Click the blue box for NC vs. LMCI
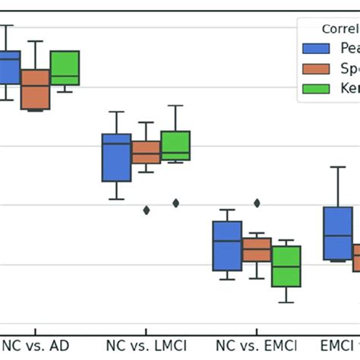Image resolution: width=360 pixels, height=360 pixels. point(116,157)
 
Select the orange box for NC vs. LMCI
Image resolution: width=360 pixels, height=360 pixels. point(146,152)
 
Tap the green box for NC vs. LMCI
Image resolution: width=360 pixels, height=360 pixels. point(175,146)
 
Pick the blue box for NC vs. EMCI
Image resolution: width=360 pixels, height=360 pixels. point(227,246)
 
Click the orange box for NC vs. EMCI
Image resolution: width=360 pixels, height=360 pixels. point(257,250)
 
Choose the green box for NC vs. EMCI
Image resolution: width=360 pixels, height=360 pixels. point(286,266)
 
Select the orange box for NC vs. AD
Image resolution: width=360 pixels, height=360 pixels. point(35,89)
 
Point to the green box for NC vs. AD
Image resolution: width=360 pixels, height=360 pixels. point(65,68)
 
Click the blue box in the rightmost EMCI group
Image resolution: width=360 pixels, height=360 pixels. point(338,233)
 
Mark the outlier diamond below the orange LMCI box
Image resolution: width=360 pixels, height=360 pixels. point(146,210)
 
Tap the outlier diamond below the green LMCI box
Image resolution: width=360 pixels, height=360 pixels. point(175,203)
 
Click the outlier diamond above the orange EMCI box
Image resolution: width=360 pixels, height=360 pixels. point(257,203)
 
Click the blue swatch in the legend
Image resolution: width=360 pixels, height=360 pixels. point(316,49)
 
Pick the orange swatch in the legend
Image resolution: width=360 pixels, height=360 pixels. point(316,68)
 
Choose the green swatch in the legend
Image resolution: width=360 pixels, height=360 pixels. point(316,88)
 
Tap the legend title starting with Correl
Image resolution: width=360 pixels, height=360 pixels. point(339,29)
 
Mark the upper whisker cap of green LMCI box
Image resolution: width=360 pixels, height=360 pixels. point(175,106)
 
